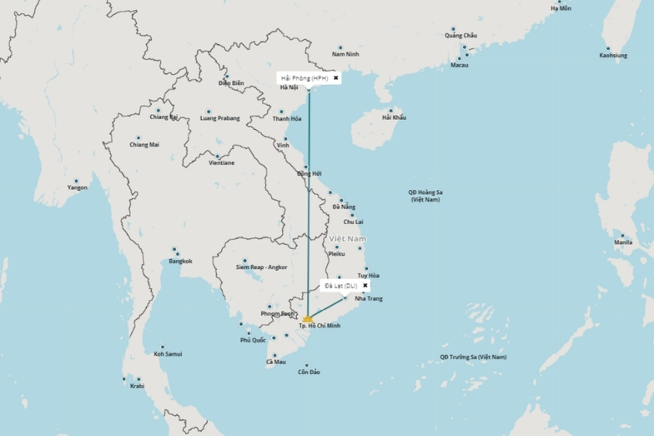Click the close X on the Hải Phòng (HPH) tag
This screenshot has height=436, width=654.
point(336,78)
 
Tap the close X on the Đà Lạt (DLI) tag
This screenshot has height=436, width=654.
point(365,285)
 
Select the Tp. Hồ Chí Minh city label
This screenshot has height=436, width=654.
point(319,326)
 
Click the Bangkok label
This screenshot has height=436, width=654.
point(180,261)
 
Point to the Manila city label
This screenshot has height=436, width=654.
point(623,243)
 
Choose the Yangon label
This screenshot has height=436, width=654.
point(77,188)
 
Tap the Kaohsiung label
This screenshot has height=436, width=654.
point(613,56)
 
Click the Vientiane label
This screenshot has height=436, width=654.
point(221,163)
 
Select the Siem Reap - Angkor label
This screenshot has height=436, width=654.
point(261,267)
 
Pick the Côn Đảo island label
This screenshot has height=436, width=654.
point(308,373)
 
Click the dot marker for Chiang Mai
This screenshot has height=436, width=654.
point(138,138)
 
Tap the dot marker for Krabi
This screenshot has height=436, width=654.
point(138,379)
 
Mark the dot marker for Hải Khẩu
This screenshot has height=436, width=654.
point(391,111)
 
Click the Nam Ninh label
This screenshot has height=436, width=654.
point(346,54)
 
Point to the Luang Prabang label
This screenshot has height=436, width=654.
point(220,118)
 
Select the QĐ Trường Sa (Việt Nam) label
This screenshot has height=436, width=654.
point(473,357)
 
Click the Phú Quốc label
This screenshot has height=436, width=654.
point(253,340)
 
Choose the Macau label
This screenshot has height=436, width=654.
point(459,65)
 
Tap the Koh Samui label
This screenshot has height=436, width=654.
point(167,354)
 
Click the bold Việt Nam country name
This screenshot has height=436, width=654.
point(347,239)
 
